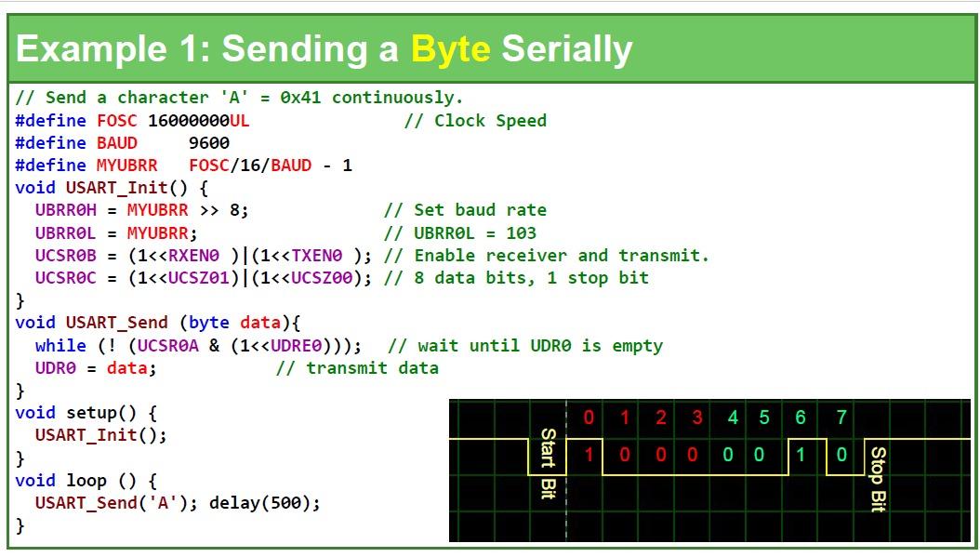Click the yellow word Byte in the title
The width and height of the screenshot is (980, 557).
pos(450,48)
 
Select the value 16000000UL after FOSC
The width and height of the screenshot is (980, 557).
pos(198,120)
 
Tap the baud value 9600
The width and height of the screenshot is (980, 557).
pos(208,142)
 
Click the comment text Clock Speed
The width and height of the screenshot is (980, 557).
pos(490,120)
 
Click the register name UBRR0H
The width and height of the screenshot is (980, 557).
pos(65,210)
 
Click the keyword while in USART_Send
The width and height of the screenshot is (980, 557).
pos(60,346)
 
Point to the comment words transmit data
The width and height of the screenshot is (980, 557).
pos(372,368)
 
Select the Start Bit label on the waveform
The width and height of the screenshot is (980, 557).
pos(548,463)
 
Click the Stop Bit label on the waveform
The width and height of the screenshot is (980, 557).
pos(878,479)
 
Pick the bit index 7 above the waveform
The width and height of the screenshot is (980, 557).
pos(841,418)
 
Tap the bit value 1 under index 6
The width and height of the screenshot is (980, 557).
pos(801,455)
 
